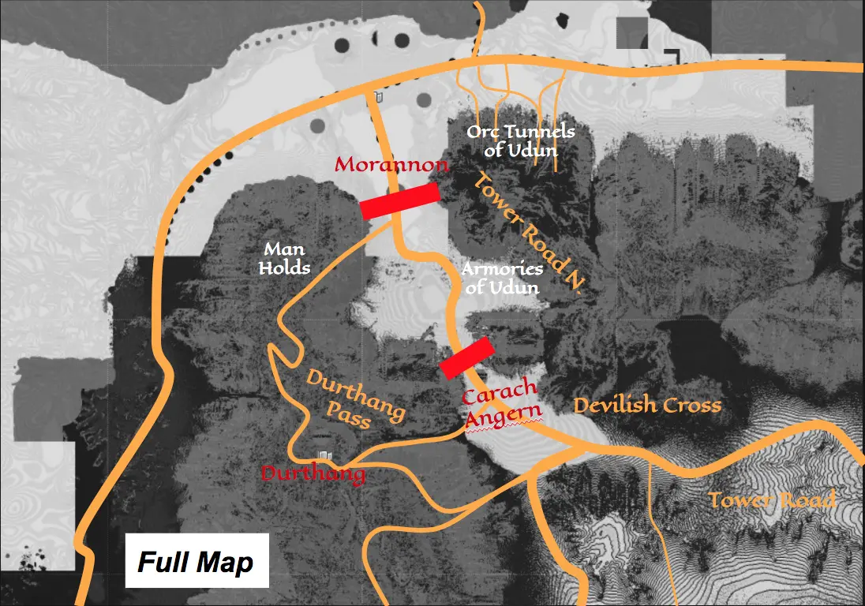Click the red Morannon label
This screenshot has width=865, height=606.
[392, 166]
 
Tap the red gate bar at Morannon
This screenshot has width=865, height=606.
[399, 201]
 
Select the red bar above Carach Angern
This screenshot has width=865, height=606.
[466, 358]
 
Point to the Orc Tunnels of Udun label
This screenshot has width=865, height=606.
[520, 140]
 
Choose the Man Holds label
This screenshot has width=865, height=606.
[284, 259]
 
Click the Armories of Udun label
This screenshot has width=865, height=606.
[501, 278]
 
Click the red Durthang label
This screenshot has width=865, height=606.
[313, 474]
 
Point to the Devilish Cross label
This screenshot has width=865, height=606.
[647, 406]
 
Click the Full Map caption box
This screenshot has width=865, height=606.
[197, 561]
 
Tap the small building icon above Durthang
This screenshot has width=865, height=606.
[323, 455]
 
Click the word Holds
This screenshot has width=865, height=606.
[284, 268]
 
